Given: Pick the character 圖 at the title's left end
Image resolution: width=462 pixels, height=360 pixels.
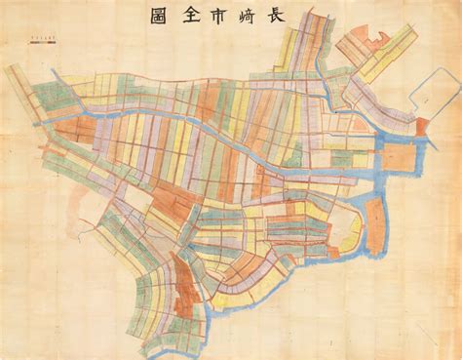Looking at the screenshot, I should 156,18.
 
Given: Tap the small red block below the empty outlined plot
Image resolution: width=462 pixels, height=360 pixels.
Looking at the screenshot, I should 422,127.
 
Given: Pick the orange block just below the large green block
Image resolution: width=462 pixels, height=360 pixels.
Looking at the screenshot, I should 73,130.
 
